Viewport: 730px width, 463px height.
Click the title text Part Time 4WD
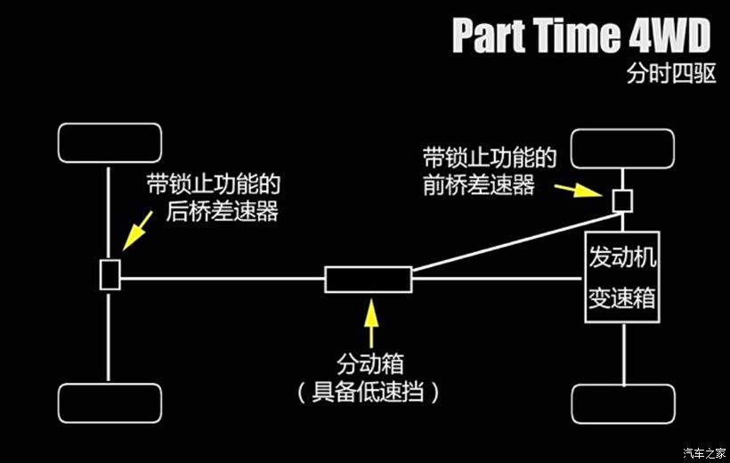pyautogui.click(x=581, y=36)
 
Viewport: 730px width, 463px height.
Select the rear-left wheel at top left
pyautogui.click(x=109, y=143)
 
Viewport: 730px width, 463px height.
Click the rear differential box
pyautogui.click(x=109, y=274)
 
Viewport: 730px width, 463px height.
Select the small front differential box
pyautogui.click(x=622, y=199)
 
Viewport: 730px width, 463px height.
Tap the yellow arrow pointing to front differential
pyautogui.click(x=577, y=189)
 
